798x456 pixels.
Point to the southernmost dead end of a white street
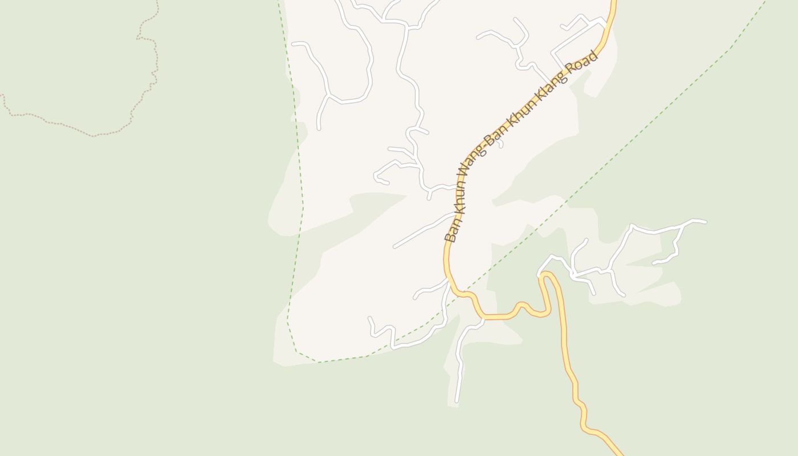(457, 401)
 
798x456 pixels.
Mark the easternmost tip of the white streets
(706, 222)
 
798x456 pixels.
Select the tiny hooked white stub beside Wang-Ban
(500, 143)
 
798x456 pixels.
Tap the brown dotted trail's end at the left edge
(2, 95)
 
